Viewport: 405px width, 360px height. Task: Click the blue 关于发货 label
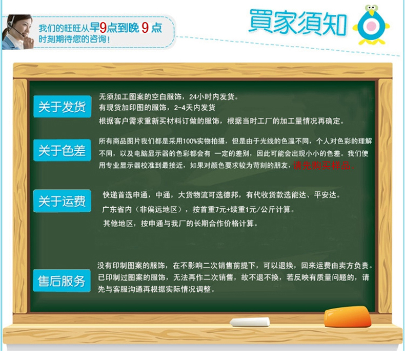coord(62,107)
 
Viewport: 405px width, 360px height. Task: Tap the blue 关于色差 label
coord(62,150)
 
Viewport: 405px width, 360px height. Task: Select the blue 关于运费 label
coord(62,201)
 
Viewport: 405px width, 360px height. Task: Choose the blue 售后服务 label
coord(62,281)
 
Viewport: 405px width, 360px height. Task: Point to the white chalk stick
coord(250,322)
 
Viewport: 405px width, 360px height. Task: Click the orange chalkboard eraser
coord(348,317)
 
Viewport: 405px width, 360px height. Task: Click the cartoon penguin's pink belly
coord(372,26)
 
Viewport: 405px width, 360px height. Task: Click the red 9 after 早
coord(103,28)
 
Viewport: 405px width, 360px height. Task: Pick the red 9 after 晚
coord(145,28)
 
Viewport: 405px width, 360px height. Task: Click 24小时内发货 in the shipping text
coord(212,96)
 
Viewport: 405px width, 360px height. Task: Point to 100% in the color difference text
coord(190,141)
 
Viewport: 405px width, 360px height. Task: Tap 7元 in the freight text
coord(220,209)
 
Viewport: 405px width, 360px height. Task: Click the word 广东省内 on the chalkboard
coord(117,209)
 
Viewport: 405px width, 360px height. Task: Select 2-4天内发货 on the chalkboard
coord(195,108)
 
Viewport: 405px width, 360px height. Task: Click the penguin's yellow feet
coord(372,42)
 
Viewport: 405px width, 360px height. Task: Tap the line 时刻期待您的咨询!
coord(74,39)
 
